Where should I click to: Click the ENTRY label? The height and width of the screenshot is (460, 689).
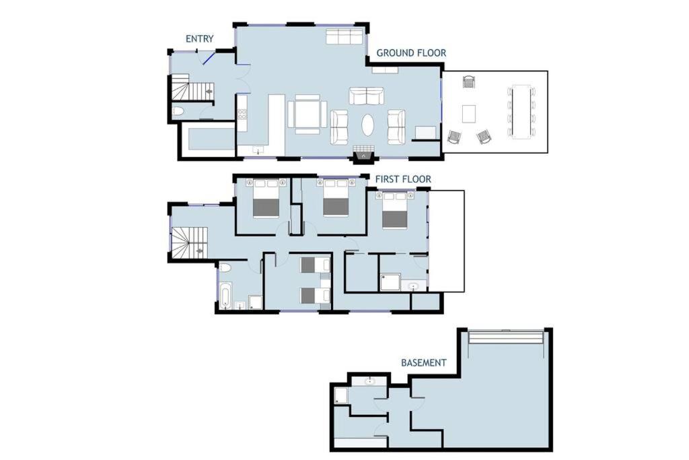tap(199, 38)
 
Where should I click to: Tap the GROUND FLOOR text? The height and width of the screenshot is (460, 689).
tap(411, 53)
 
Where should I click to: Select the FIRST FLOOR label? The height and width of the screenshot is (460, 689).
tap(403, 179)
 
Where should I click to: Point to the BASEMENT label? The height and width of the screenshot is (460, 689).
tap(424, 363)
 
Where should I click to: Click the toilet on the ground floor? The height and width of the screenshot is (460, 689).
tap(178, 111)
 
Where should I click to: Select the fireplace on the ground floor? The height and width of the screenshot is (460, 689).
tap(363, 154)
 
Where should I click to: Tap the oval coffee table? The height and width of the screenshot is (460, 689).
tap(368, 125)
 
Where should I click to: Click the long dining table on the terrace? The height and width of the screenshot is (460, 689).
tap(521, 112)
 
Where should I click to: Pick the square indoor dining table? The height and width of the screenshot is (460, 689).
tap(307, 114)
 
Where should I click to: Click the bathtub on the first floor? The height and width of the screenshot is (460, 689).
tap(225, 296)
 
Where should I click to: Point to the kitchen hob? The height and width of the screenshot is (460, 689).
tap(242, 114)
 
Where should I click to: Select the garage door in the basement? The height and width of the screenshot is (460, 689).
tap(506, 337)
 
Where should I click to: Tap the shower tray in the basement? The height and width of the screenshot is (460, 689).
tap(341, 396)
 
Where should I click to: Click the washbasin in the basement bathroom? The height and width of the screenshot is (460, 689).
tap(369, 381)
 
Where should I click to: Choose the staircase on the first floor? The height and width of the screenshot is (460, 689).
tap(189, 242)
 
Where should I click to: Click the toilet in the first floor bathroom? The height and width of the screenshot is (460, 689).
tap(225, 267)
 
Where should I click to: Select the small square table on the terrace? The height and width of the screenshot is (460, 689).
tap(469, 114)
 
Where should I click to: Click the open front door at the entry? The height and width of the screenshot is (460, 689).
tap(209, 59)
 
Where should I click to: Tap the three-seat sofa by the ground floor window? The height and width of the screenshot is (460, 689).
tap(344, 36)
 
